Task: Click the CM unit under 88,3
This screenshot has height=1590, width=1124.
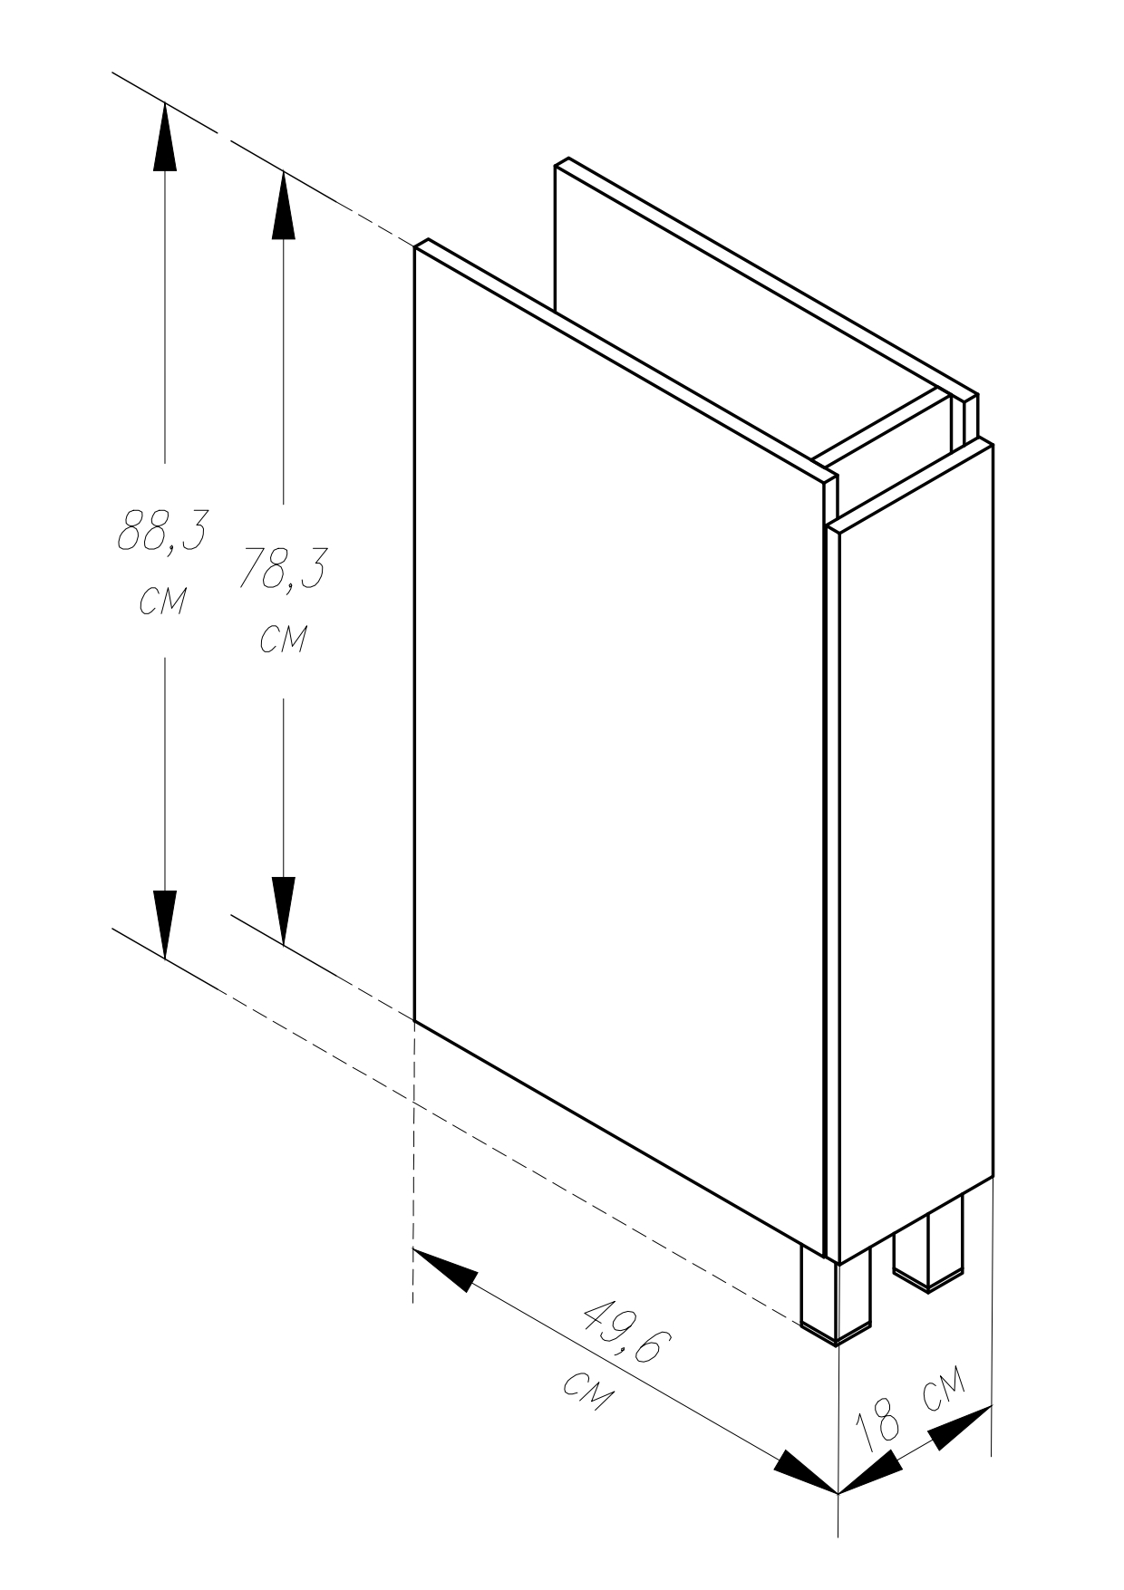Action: (162, 601)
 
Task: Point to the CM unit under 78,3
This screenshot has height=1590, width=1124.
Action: (283, 640)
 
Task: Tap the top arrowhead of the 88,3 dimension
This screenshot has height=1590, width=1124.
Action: (164, 137)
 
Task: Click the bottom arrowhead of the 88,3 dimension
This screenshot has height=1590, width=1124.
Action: (164, 923)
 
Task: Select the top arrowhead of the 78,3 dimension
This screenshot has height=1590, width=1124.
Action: (284, 205)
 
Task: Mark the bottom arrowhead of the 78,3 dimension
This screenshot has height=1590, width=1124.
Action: (284, 911)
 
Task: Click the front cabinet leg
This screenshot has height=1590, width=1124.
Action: (836, 1294)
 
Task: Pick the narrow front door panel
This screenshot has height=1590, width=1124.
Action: (911, 852)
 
